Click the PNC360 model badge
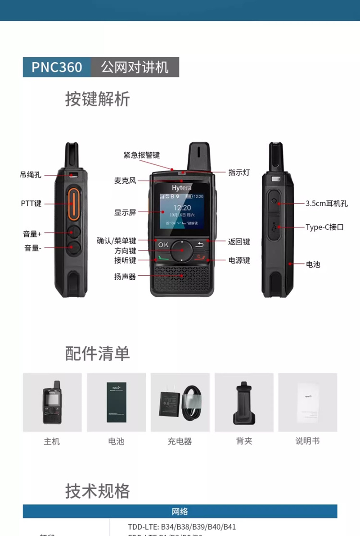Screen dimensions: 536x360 pyautogui.click(x=57, y=67)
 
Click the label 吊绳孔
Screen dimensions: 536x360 pyautogui.click(x=31, y=175)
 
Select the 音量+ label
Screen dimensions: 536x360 pyautogui.click(x=32, y=234)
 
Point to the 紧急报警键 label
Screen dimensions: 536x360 pyautogui.click(x=142, y=155)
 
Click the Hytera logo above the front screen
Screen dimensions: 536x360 pyautogui.click(x=182, y=187)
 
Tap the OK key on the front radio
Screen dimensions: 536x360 pyautogui.click(x=163, y=245)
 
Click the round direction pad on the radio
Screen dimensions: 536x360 pyautogui.click(x=182, y=250)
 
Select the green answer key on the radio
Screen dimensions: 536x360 pyautogui.click(x=162, y=259)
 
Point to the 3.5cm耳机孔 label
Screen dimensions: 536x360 pyautogui.click(x=327, y=203)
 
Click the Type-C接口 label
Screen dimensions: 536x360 pyautogui.click(x=324, y=227)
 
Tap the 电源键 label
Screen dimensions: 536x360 pyautogui.click(x=239, y=260)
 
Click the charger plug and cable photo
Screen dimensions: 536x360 pyautogui.click(x=180, y=402)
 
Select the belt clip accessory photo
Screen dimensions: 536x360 pyautogui.click(x=244, y=402)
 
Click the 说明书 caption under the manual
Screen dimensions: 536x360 pyautogui.click(x=307, y=441)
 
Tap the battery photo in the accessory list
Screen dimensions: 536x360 pyautogui.click(x=116, y=402)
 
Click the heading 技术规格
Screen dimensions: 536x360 pyautogui.click(x=98, y=491)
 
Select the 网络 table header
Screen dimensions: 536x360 pyautogui.click(x=180, y=511)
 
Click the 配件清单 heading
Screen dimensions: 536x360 pyautogui.click(x=98, y=354)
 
